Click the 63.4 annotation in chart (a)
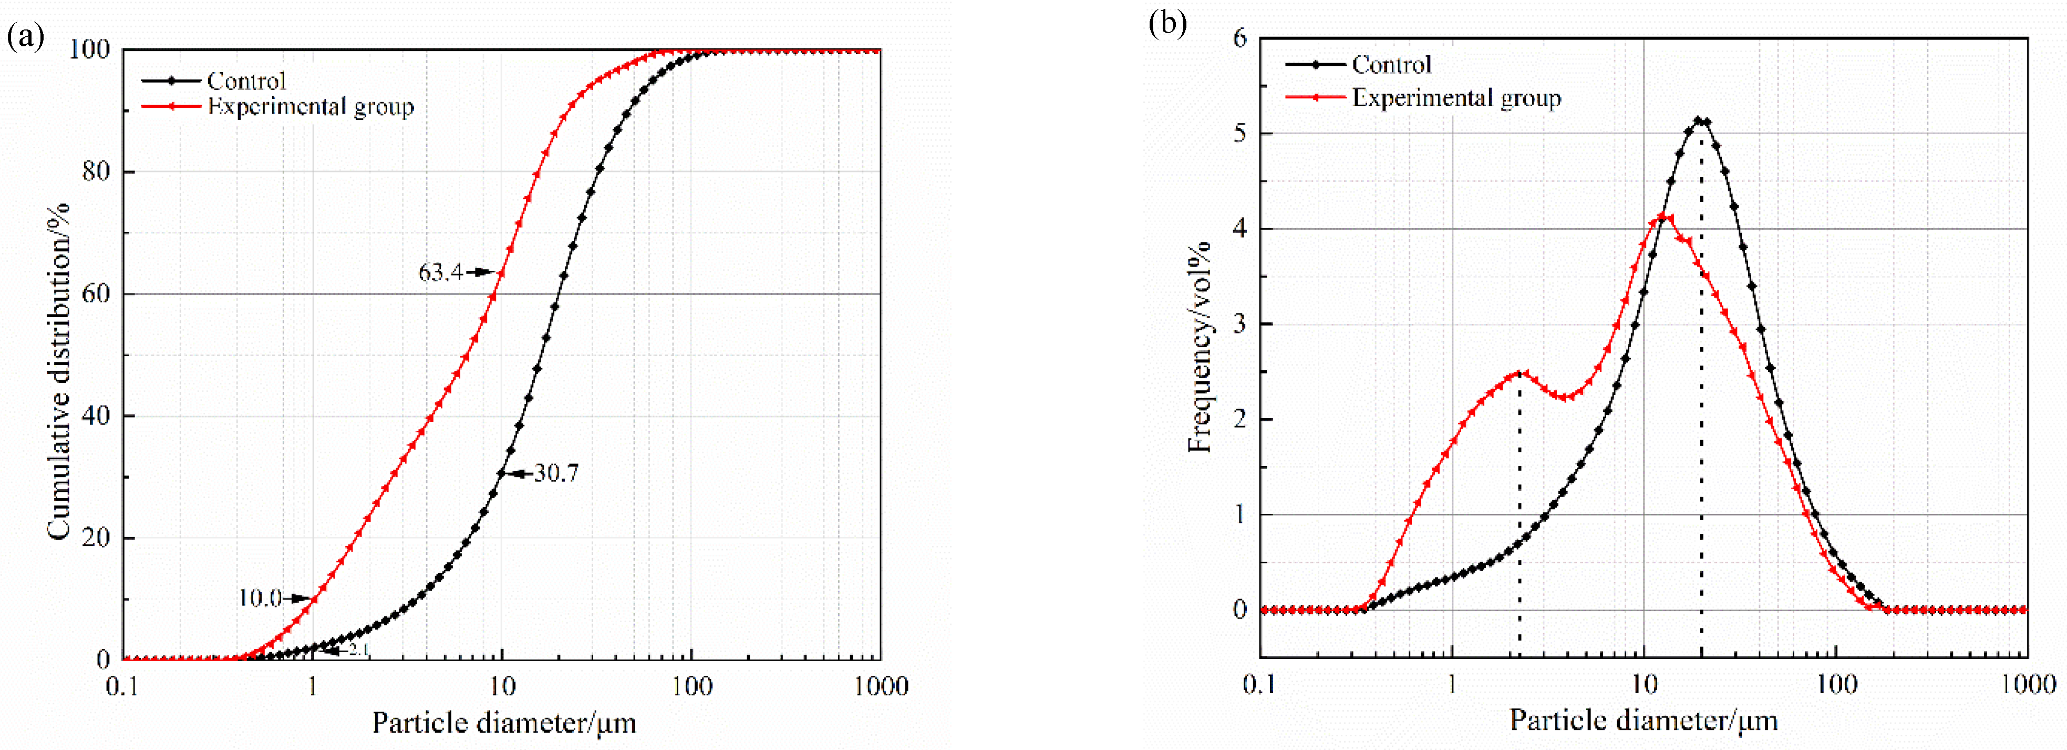(x=440, y=273)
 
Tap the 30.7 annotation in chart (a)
(x=556, y=473)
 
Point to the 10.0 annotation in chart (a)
(x=260, y=598)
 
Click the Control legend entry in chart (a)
(x=245, y=81)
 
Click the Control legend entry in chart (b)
(x=1391, y=64)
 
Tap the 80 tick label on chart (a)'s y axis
(x=96, y=172)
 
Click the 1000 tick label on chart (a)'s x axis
(x=881, y=686)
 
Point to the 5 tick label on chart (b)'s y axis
(x=1241, y=133)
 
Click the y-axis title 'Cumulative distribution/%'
(x=58, y=371)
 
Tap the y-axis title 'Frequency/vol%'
(x=1199, y=347)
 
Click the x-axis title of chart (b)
(x=1644, y=721)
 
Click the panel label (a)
(x=25, y=36)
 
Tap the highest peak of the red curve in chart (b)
(x=1667, y=217)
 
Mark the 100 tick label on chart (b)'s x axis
(x=1836, y=684)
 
